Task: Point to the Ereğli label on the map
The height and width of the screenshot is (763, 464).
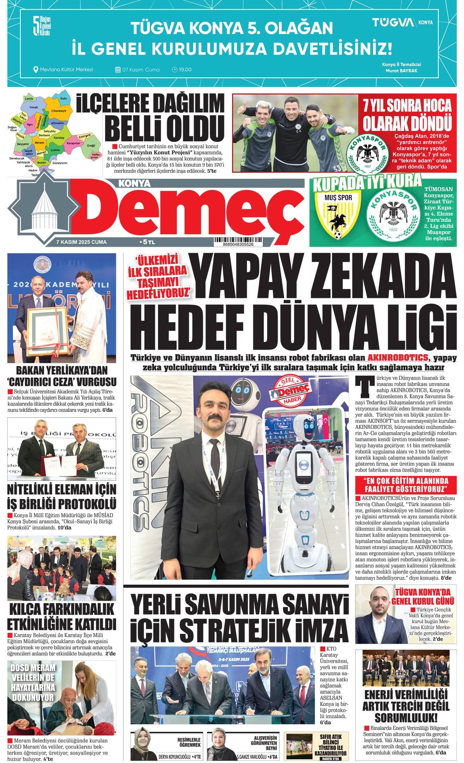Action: [91, 146]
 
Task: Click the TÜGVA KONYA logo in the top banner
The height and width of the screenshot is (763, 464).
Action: [402, 22]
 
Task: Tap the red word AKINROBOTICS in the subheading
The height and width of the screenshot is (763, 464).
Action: [398, 357]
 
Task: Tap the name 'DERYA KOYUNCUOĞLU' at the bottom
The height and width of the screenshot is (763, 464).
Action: [174, 757]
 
